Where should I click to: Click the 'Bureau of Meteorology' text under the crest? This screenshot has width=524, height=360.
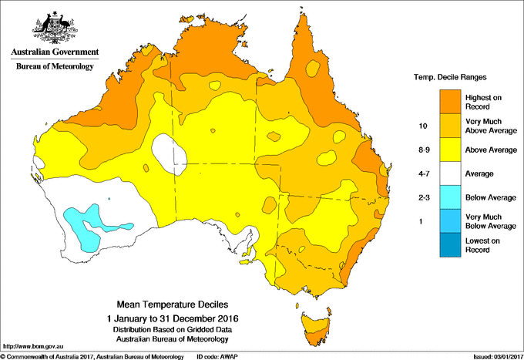55,67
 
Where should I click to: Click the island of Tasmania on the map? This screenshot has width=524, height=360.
314,324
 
